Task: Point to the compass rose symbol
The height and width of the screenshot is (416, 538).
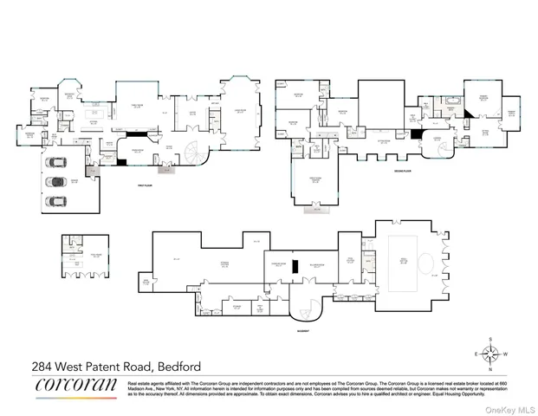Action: pyautogui.click(x=490, y=353)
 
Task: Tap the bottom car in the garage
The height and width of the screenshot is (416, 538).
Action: pyautogui.click(x=57, y=201)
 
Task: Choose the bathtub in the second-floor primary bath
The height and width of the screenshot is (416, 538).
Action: pyautogui.click(x=450, y=101)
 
